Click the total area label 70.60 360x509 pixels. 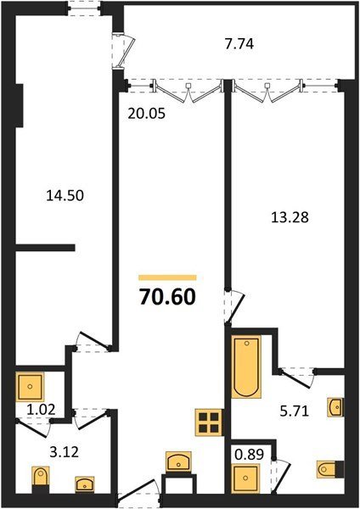(167, 297)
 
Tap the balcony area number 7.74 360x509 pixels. (239, 44)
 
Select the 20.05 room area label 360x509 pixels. (147, 114)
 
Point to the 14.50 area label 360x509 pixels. (65, 196)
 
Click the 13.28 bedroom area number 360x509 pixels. (290, 217)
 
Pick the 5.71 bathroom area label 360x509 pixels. (294, 411)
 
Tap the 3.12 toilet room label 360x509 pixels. (65, 452)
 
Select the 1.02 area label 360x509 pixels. (41, 410)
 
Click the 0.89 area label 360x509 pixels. (250, 455)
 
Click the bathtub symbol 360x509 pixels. (246, 366)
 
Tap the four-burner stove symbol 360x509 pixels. (209, 422)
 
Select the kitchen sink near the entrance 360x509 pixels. (178, 461)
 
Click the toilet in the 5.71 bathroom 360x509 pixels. (330, 469)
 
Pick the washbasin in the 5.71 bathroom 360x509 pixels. (335, 407)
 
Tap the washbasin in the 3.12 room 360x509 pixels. (85, 484)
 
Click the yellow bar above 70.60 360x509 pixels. (167, 277)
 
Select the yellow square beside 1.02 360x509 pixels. (30, 387)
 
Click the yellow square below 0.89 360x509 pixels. (245, 478)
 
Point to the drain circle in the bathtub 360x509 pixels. (246, 343)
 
